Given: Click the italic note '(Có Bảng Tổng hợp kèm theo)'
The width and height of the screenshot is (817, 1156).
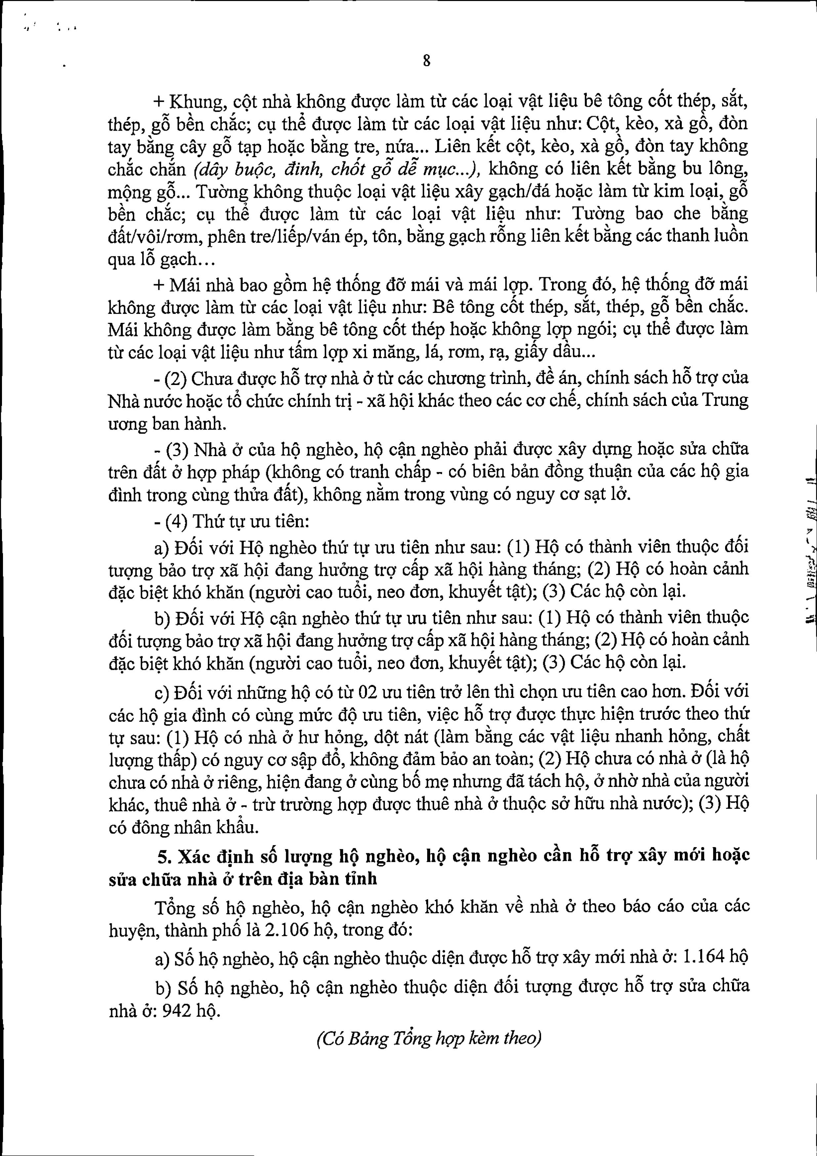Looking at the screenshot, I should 429,1038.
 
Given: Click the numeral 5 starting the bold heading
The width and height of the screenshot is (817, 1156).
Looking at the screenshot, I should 162,855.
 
